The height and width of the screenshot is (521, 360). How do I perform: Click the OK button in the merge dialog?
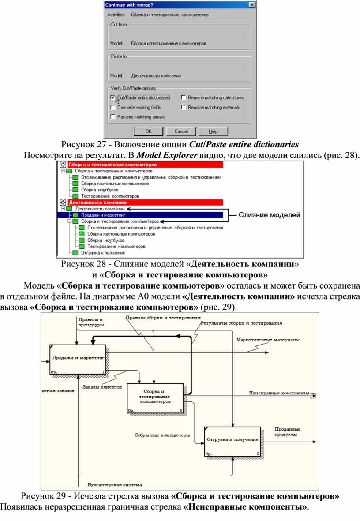pyautogui.click(x=148, y=131)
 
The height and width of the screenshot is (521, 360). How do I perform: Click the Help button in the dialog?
pyautogui.click(x=213, y=131)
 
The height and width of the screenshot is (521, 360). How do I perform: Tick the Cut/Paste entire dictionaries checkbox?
pyautogui.click(x=112, y=97)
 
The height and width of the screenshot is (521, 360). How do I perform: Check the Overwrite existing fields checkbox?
pyautogui.click(x=112, y=107)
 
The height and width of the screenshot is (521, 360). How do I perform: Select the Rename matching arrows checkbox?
pyautogui.click(x=112, y=117)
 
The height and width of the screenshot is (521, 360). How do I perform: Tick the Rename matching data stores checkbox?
pyautogui.click(x=183, y=97)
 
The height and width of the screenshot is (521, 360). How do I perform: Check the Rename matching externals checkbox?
pyautogui.click(x=183, y=107)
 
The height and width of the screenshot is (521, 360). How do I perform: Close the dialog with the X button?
pyautogui.click(x=252, y=5)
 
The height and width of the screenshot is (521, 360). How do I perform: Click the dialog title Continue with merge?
pyautogui.click(x=129, y=5)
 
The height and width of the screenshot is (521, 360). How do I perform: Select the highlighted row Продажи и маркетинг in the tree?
pyautogui.click(x=103, y=215)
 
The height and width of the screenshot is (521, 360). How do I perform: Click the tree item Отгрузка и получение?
pyautogui.click(x=103, y=253)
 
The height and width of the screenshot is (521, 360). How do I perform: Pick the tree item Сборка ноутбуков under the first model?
pyautogui.click(x=100, y=190)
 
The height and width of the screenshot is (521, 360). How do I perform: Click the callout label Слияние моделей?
pyautogui.click(x=269, y=215)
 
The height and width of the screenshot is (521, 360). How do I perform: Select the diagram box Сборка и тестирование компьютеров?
pyautogui.click(x=155, y=398)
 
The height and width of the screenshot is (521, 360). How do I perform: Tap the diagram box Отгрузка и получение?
pyautogui.click(x=232, y=442)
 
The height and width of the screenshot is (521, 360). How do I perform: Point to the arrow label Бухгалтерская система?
pyautogui.click(x=115, y=485)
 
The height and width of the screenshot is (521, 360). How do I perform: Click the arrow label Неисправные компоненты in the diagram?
pyautogui.click(x=279, y=393)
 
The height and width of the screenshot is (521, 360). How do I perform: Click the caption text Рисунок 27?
pyautogui.click(x=83, y=145)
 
